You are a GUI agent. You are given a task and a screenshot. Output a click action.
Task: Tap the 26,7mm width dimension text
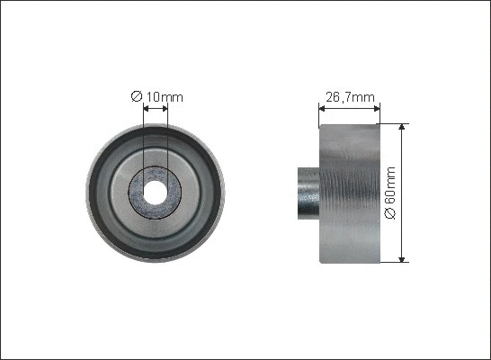(349, 95)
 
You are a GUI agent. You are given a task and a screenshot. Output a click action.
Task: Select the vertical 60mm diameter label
(389, 192)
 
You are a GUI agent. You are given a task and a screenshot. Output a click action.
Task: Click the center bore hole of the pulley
(156, 192)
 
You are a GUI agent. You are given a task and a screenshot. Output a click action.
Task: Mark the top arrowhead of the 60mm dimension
(402, 128)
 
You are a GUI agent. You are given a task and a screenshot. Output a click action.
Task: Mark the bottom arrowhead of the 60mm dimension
(402, 257)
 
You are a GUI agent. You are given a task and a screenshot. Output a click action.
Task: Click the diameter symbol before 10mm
(136, 96)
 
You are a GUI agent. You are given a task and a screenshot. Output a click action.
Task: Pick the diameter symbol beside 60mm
(389, 214)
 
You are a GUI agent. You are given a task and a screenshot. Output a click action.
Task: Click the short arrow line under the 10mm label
(156, 109)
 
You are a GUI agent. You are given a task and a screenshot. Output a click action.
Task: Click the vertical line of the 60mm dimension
(402, 162)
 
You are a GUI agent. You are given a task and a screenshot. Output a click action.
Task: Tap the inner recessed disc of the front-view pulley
(192, 192)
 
